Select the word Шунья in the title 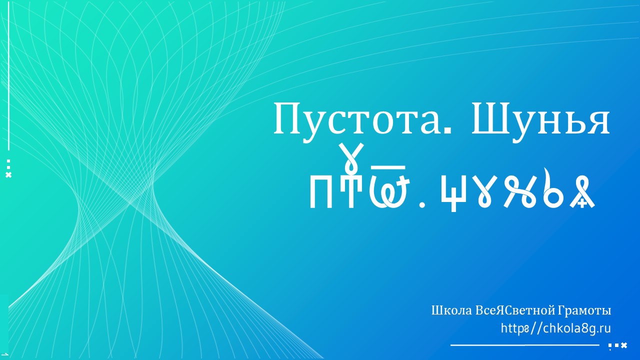click(540, 120)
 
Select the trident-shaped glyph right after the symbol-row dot click(453, 192)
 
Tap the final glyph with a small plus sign click(582, 193)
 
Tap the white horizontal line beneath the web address click(524, 345)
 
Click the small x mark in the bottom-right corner click(624, 345)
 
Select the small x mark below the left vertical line click(8, 175)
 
